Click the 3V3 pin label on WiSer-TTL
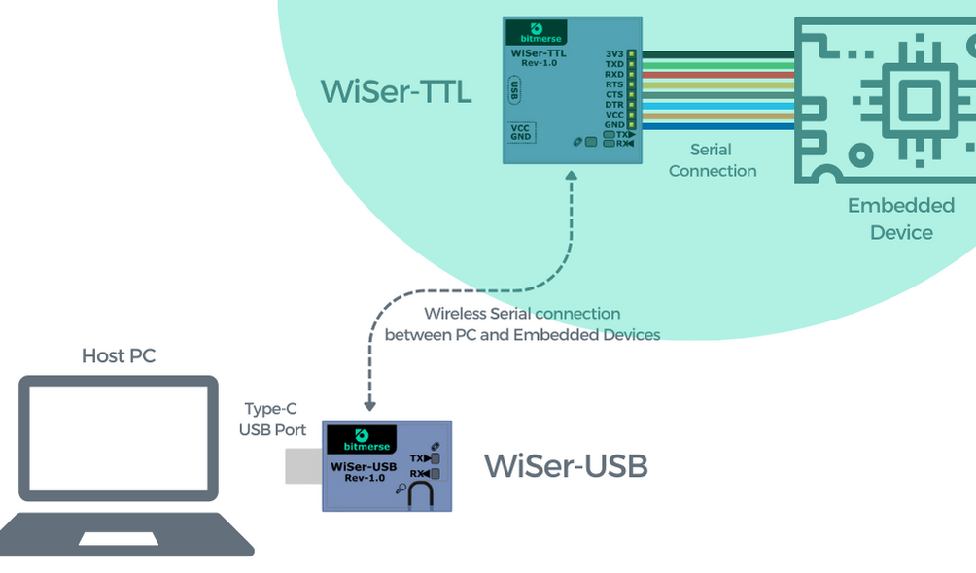click(x=613, y=54)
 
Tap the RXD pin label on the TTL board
click(x=613, y=74)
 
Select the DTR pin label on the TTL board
click(x=613, y=105)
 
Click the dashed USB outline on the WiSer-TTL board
click(x=514, y=90)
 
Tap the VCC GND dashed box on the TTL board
click(x=521, y=132)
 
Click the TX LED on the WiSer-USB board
click(x=435, y=457)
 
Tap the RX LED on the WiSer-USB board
click(x=435, y=474)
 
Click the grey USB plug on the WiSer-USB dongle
click(x=302, y=466)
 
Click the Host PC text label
click(x=119, y=356)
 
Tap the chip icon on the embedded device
click(x=913, y=97)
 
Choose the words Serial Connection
click(x=712, y=160)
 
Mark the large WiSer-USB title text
click(x=566, y=466)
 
